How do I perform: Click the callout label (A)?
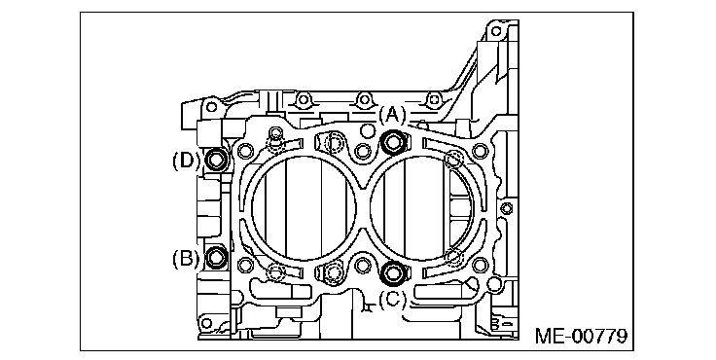[392, 115]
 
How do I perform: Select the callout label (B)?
[186, 258]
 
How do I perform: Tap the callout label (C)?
[392, 300]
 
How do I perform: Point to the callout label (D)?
[186, 161]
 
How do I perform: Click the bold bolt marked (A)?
[393, 142]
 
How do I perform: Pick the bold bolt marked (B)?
[216, 257]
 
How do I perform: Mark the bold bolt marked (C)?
[392, 272]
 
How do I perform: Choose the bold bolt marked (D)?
[216, 160]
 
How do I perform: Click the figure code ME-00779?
[581, 337]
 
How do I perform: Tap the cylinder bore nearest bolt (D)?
[304, 208]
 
